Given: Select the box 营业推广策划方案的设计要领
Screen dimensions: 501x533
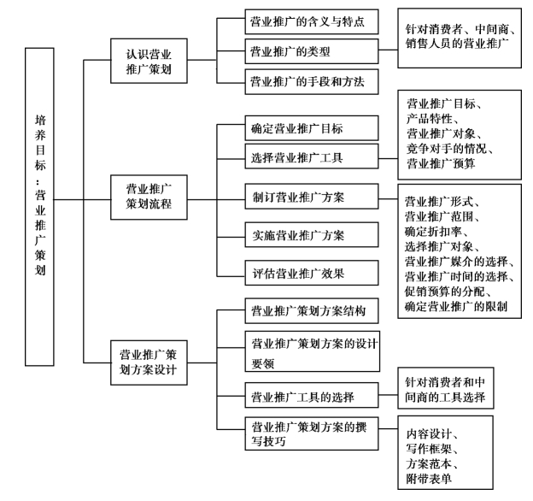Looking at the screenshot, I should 311,351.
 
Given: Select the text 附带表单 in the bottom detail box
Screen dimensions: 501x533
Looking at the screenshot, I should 431,478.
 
